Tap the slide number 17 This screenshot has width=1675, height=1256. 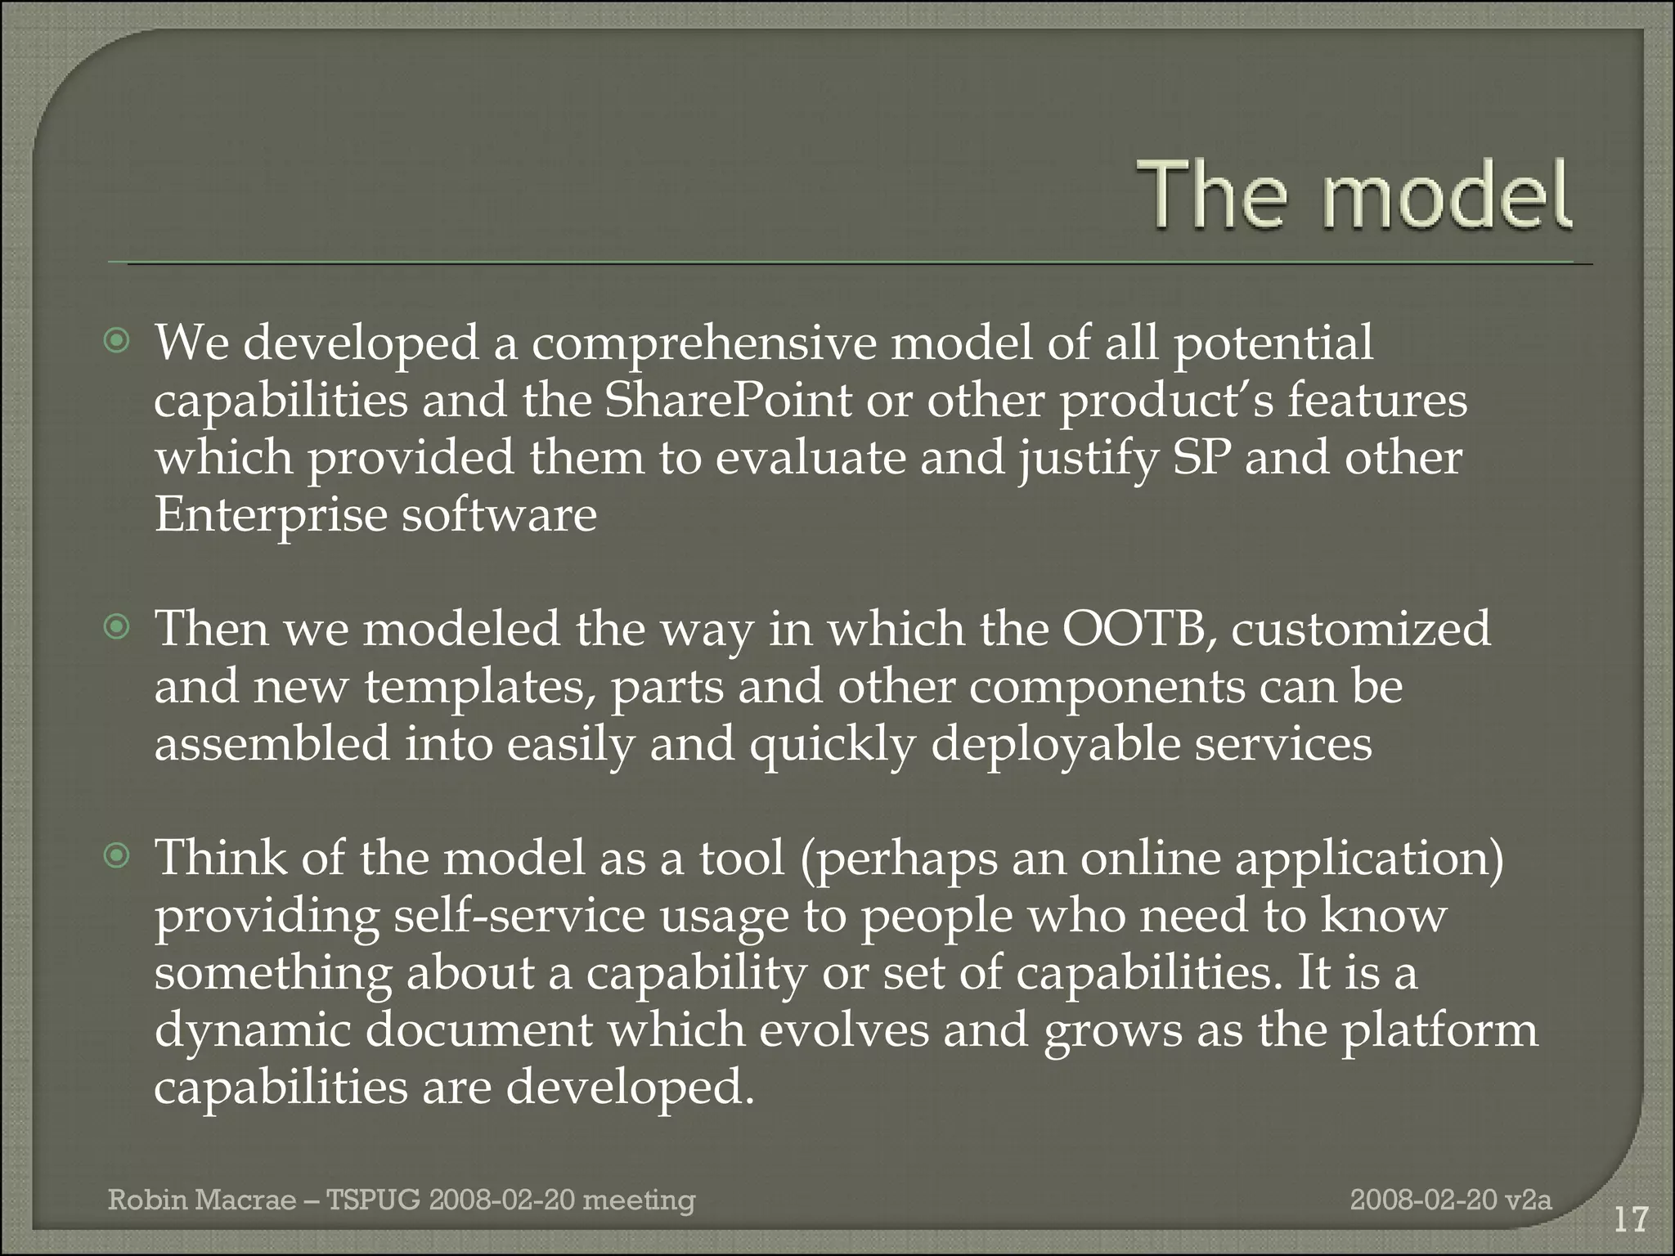(x=1631, y=1220)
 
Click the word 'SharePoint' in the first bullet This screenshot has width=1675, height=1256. (x=728, y=400)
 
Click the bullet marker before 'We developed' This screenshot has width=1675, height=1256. (x=119, y=341)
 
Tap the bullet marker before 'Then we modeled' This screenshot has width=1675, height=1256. (x=119, y=627)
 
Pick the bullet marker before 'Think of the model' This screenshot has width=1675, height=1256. (x=119, y=856)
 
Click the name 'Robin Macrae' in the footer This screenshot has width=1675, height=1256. (x=202, y=1200)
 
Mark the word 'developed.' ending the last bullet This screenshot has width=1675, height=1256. (x=630, y=1088)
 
